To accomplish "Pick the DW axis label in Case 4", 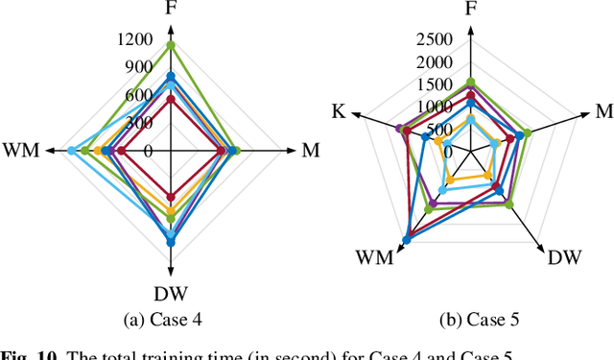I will pyautogui.click(x=171, y=293).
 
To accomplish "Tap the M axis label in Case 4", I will pyautogui.click(x=310, y=151).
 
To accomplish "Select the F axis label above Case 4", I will pyautogui.click(x=171, y=11).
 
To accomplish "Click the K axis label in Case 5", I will pyautogui.click(x=339, y=112).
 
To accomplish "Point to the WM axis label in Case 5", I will pyautogui.click(x=374, y=257).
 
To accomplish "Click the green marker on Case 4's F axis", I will pyautogui.click(x=171, y=45).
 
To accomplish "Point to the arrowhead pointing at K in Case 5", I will pyautogui.click(x=359, y=115).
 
